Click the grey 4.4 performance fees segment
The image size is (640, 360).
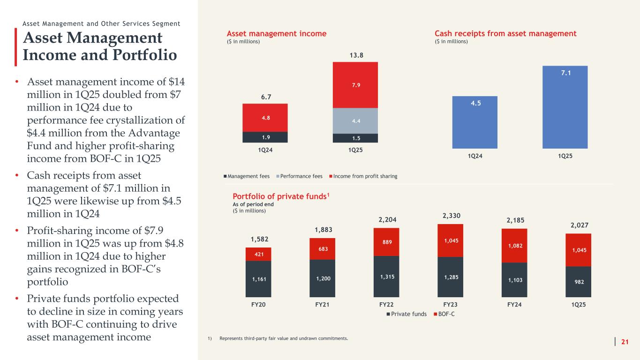(355, 121)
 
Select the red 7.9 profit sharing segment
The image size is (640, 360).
(355, 85)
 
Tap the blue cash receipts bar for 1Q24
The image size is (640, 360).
(474, 122)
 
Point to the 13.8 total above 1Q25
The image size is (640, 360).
(355, 56)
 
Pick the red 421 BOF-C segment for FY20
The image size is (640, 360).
(258, 254)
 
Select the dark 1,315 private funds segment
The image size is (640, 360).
(386, 277)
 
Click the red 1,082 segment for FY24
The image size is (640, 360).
(514, 246)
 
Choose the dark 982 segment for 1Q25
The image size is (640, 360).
(578, 282)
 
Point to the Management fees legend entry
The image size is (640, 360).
(248, 176)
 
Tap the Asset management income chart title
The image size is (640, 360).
(277, 34)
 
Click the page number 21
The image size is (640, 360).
(625, 343)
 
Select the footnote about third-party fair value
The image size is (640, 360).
(280, 338)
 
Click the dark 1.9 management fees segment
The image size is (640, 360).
(265, 137)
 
